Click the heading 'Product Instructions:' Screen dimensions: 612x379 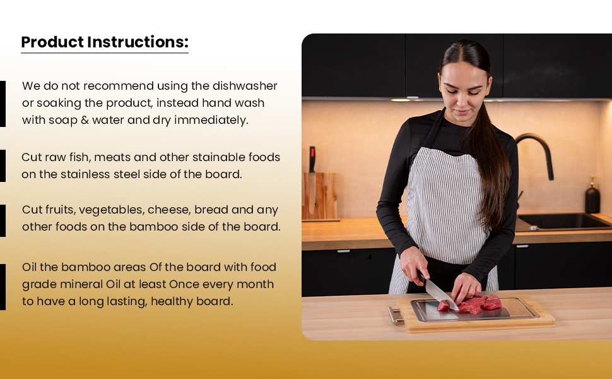point(105,42)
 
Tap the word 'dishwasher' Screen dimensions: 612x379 point(245,85)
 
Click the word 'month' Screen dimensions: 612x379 point(256,284)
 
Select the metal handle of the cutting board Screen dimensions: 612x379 point(396,315)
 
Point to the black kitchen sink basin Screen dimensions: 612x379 point(563,222)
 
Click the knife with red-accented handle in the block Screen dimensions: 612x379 point(312,180)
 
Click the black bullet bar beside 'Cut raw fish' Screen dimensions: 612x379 point(3,165)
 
